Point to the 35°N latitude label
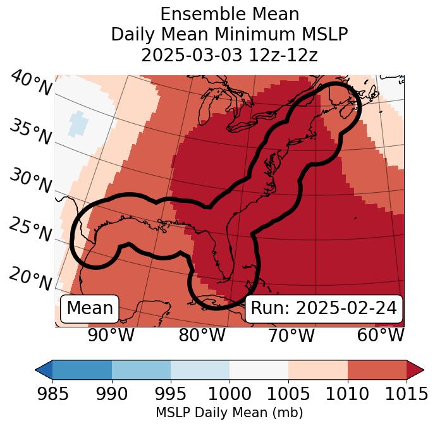pyautogui.click(x=30, y=132)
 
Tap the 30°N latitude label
pyautogui.click(x=30, y=181)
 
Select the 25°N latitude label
pyautogui.click(x=30, y=230)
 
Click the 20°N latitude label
pyautogui.click(x=30, y=278)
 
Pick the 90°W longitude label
pyautogui.click(x=111, y=335)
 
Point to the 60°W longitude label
pyautogui.click(x=381, y=335)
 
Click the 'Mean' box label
pyautogui.click(x=90, y=308)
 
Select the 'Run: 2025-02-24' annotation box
pyautogui.click(x=324, y=308)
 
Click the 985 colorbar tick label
pyautogui.click(x=52, y=394)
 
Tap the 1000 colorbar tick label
pyautogui.click(x=230, y=394)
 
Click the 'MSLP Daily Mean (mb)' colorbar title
pyautogui.click(x=230, y=413)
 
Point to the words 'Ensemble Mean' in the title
pyautogui.click(x=230, y=14)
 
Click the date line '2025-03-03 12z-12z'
pyautogui.click(x=230, y=55)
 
